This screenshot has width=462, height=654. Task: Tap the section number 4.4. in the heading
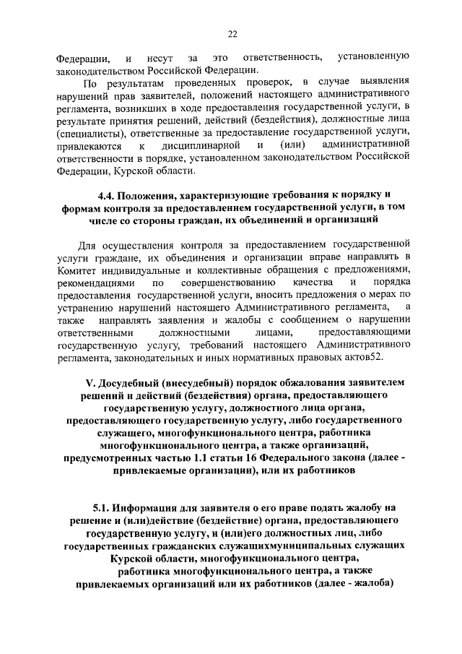pos(109,194)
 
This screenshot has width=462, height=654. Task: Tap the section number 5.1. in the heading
pos(106,507)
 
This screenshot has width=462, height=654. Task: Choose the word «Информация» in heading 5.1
pos(158,507)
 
